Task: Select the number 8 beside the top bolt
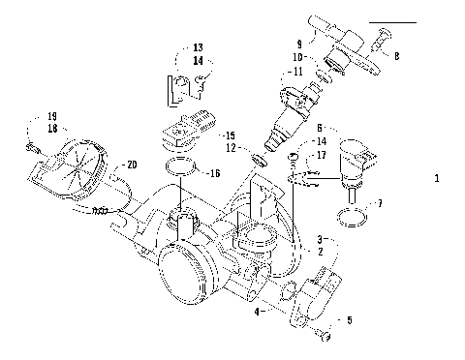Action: (x=396, y=57)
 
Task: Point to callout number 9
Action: (x=299, y=44)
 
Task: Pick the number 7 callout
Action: (x=379, y=204)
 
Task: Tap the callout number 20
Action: (x=132, y=165)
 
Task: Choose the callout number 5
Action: (x=351, y=318)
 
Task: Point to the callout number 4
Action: (x=256, y=313)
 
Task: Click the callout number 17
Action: (x=321, y=155)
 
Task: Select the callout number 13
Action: (x=198, y=46)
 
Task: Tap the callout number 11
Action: (x=297, y=72)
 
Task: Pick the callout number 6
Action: (x=321, y=126)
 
